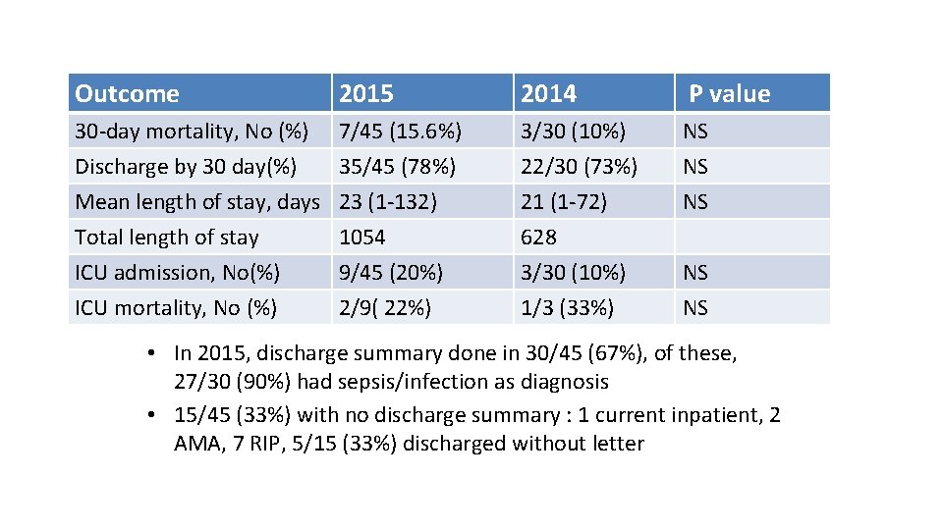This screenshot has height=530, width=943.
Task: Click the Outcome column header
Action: tap(128, 94)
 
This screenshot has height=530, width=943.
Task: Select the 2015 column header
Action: tap(366, 94)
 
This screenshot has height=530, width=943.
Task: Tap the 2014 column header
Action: tap(549, 94)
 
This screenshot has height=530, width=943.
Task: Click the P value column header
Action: tap(729, 94)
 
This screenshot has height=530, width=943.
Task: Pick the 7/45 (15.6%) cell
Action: tap(400, 132)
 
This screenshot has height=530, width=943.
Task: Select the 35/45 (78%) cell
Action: tap(397, 167)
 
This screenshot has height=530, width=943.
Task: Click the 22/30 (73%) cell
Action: tap(579, 167)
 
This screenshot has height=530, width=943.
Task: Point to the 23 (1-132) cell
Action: tap(388, 202)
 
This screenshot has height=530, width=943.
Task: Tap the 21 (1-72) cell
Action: tap(564, 202)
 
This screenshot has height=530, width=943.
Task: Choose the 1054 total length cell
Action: tap(362, 238)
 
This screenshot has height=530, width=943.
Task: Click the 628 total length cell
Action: tap(539, 238)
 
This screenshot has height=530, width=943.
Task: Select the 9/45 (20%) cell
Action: tap(391, 273)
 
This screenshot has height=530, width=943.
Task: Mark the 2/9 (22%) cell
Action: tap(385, 308)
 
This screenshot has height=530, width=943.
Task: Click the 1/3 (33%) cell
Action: tap(568, 308)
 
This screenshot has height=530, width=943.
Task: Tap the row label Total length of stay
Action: tap(167, 238)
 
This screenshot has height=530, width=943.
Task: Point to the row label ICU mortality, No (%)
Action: tap(176, 308)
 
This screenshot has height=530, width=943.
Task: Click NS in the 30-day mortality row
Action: tap(695, 132)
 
